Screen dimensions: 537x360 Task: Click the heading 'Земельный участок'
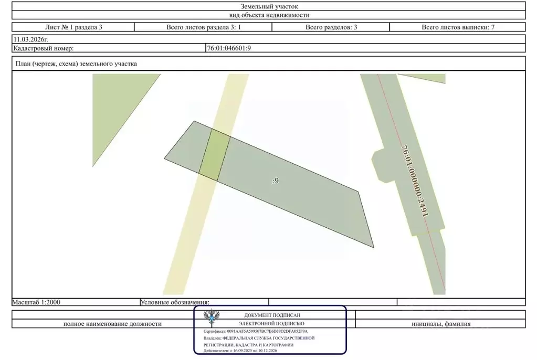click(x=269, y=6)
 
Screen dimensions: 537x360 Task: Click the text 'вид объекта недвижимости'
click(x=269, y=15)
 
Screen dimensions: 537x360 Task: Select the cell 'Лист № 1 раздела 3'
click(x=73, y=27)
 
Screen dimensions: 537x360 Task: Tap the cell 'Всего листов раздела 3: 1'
click(x=204, y=27)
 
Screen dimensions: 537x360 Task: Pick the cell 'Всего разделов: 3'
click(x=331, y=27)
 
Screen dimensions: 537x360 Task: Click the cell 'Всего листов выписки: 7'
click(x=458, y=27)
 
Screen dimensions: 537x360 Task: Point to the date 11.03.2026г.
click(x=30, y=39)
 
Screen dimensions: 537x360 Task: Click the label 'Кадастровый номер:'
click(x=44, y=48)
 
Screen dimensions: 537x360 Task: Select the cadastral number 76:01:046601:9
click(x=229, y=48)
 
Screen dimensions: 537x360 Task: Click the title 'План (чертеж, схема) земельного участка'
click(x=76, y=63)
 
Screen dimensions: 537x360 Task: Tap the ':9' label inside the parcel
click(x=276, y=181)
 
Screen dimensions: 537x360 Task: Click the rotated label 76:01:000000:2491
click(x=415, y=181)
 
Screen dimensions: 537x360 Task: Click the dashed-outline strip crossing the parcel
click(x=215, y=155)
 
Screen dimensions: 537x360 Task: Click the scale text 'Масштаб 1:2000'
click(x=36, y=302)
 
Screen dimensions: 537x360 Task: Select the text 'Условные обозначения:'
click(x=175, y=302)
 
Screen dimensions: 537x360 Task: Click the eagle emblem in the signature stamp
click(x=212, y=317)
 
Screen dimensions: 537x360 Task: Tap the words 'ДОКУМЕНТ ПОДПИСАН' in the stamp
click(x=272, y=315)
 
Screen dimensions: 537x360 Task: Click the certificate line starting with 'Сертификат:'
click(x=256, y=331)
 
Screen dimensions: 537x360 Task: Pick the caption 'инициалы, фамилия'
click(x=441, y=324)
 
